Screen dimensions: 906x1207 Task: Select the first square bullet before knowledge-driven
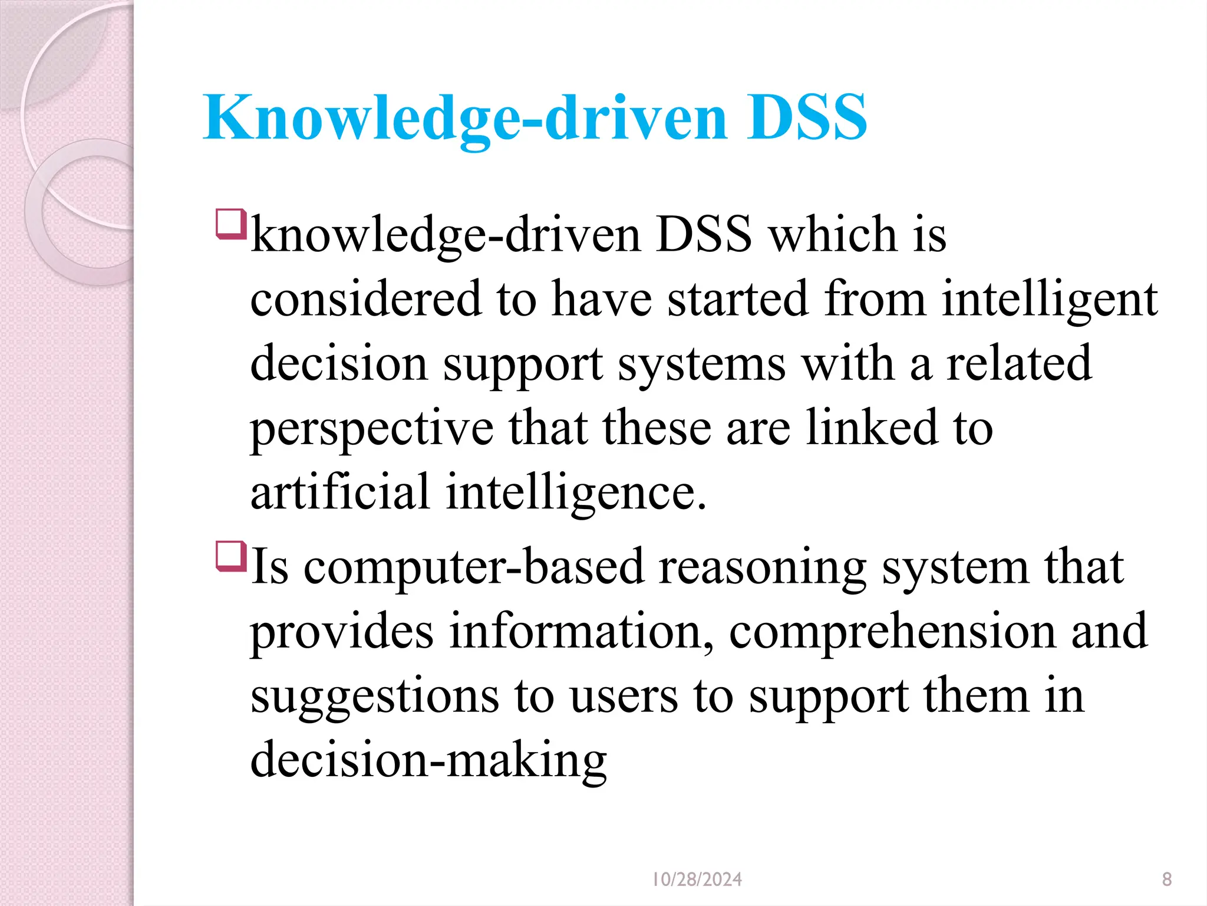230,224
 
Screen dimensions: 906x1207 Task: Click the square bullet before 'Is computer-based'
230,556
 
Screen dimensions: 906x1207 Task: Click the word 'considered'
366,299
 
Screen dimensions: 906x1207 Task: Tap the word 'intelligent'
1050,300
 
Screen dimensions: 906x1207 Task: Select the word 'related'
1019,363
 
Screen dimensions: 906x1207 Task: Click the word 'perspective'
372,429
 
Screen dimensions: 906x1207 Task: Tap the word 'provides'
342,632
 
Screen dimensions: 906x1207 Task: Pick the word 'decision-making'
428,760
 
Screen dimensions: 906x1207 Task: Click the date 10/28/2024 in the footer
697,879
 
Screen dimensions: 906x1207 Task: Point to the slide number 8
1167,879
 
